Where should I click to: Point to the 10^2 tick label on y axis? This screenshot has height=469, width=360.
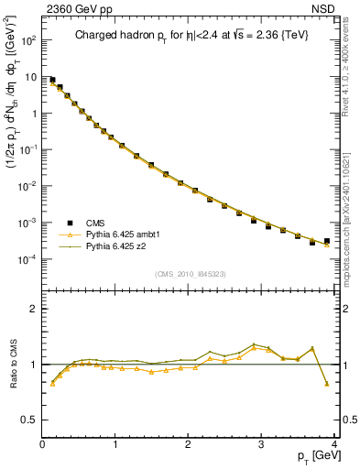point(28,41)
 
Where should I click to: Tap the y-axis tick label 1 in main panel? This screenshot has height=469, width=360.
point(34,114)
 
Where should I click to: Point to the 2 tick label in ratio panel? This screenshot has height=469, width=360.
point(34,309)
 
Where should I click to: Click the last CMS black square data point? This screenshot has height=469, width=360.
point(327,241)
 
